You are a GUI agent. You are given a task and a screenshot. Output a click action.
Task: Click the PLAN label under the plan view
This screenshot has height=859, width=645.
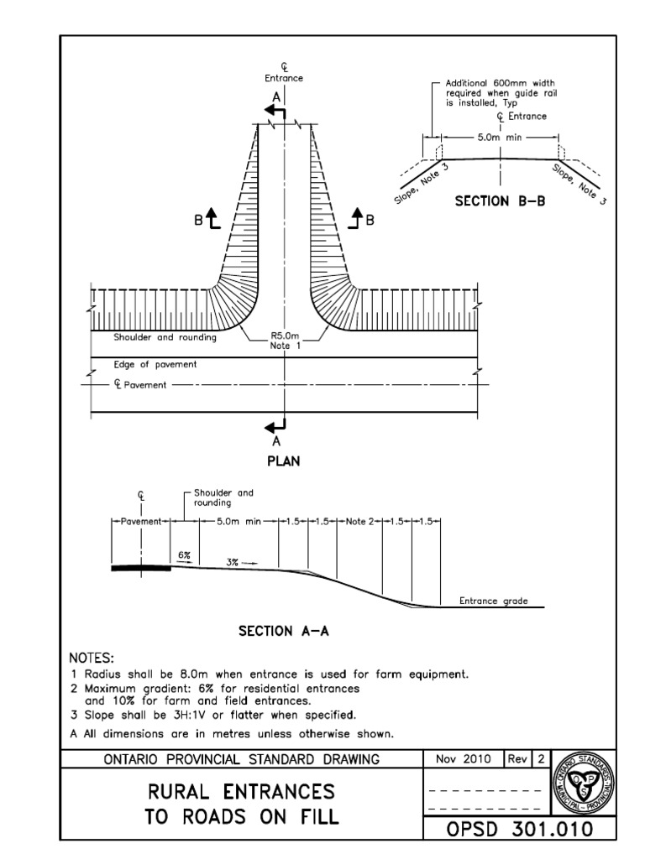[282, 461]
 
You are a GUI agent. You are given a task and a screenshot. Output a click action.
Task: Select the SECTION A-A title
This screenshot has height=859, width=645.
[282, 632]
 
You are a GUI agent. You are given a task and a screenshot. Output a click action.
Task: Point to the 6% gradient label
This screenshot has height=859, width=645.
[185, 556]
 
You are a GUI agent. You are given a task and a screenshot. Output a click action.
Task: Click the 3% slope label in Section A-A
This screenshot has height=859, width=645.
[233, 563]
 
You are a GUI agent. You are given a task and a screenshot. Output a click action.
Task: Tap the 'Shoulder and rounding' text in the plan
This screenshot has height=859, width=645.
[165, 337]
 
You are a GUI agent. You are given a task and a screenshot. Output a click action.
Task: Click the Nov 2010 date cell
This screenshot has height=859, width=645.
[461, 759]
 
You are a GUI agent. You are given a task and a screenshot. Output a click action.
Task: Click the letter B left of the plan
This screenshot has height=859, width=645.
[198, 221]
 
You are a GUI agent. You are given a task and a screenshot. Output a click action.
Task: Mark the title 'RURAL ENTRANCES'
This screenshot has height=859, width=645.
[241, 791]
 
